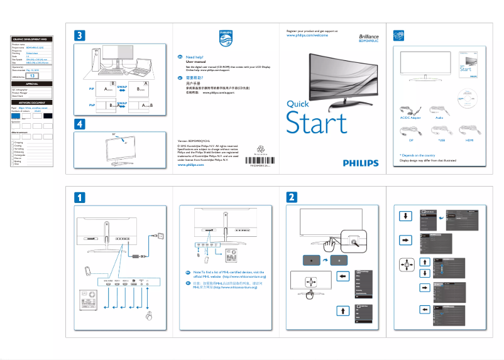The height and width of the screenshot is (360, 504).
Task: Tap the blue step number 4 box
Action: pyautogui.click(x=80, y=124)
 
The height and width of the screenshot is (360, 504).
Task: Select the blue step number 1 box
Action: pyautogui.click(x=80, y=197)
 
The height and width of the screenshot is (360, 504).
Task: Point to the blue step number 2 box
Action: pyautogui.click(x=292, y=197)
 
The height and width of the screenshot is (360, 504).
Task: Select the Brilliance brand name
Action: pyautogui.click(x=369, y=38)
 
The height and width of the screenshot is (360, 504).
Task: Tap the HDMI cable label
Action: pyautogui.click(x=468, y=140)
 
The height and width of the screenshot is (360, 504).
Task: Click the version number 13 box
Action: pyautogui.click(x=35, y=75)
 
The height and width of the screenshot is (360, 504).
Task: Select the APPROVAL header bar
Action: pyautogui.click(x=32, y=84)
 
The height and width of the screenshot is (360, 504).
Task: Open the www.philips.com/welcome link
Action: pyautogui.click(x=307, y=36)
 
